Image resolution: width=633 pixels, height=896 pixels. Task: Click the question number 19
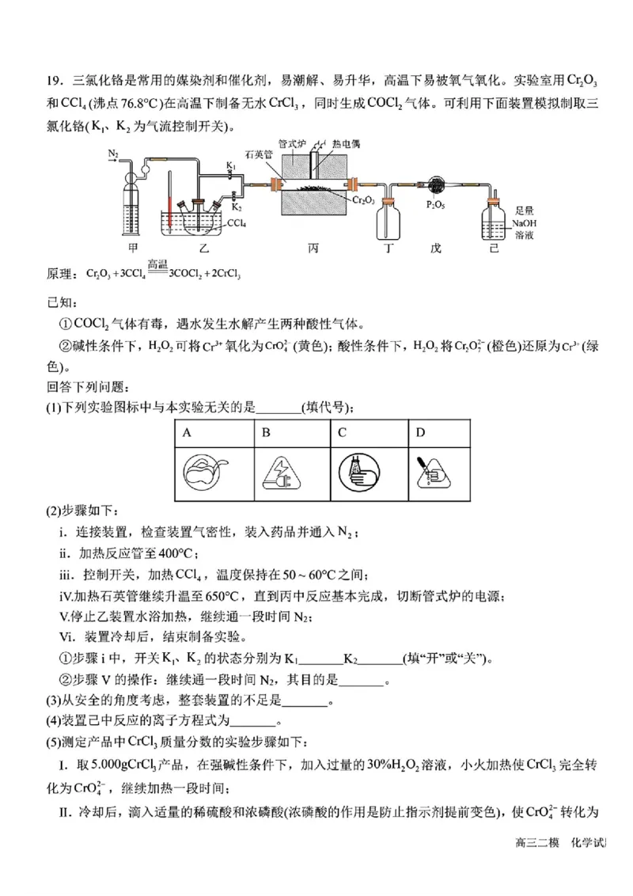pos(53,81)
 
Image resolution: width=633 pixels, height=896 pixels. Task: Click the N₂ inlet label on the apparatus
pos(114,153)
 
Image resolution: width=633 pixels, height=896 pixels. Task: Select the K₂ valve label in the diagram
pos(236,206)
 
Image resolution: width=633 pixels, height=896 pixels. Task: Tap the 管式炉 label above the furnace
pos(292,145)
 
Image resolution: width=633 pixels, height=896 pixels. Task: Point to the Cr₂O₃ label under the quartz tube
pos(365,202)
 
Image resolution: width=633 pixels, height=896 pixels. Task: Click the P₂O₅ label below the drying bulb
pos(434,204)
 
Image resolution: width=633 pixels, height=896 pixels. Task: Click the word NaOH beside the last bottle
pos(523,223)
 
